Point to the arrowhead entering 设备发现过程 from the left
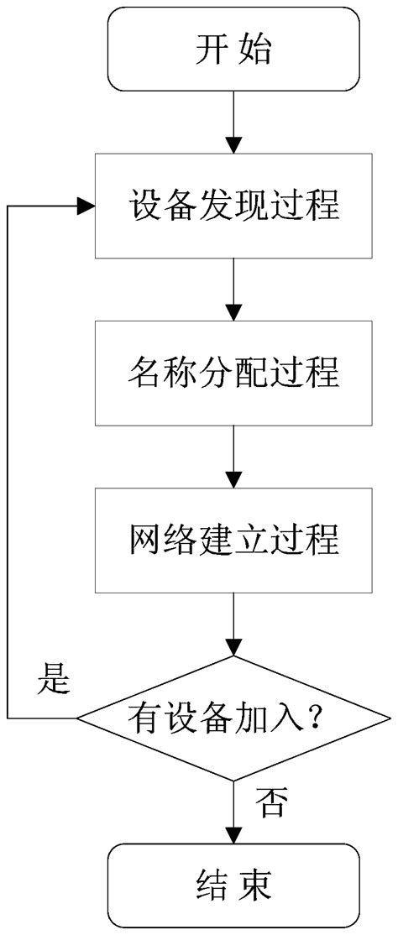click(86, 206)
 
